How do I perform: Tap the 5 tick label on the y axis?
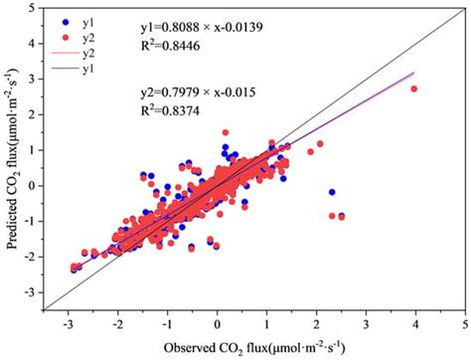[36, 8]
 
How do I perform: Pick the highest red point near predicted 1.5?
[226, 131]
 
